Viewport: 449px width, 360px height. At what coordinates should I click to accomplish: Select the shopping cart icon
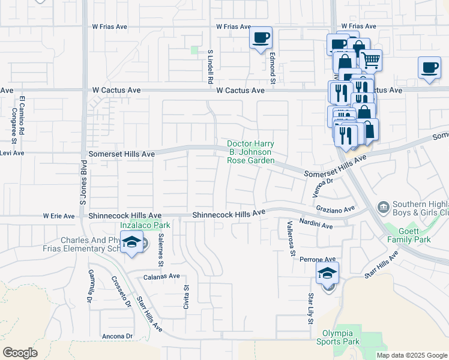click(371, 59)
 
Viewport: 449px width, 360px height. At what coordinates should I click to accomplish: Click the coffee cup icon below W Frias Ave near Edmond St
click(261, 38)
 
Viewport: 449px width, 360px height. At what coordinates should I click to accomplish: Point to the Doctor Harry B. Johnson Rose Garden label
click(251, 152)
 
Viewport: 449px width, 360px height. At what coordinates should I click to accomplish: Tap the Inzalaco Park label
click(145, 226)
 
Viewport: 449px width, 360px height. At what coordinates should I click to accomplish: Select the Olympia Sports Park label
click(338, 337)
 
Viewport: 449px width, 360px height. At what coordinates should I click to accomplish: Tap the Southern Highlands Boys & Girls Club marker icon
click(382, 208)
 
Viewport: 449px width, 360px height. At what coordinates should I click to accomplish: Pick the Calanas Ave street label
click(161, 277)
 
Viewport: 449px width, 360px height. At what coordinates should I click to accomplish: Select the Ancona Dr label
click(118, 336)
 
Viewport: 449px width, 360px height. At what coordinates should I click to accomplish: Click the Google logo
click(20, 353)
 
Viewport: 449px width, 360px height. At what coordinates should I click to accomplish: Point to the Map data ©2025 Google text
click(411, 355)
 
